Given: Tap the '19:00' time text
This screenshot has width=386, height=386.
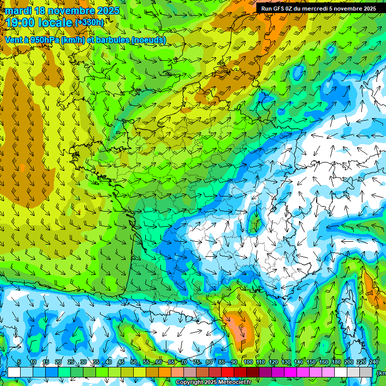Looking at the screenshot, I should coord(21,23).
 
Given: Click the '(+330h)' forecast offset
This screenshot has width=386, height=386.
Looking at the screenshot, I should coord(89,22).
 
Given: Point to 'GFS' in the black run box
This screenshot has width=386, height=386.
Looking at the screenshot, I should coord(282,8).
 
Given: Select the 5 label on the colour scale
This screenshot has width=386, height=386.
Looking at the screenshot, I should coord(19,362).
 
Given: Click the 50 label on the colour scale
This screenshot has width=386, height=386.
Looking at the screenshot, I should coord(133,362).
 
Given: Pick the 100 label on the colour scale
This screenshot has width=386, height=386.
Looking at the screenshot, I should coord(248,362).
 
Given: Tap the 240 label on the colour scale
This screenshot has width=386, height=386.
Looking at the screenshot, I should coord(374,362).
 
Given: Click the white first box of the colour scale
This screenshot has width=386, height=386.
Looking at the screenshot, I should coord(14,372).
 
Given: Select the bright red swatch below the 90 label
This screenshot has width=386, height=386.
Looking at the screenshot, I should coord(228,372).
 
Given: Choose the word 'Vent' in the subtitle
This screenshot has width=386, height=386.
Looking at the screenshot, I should coord(14,40).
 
